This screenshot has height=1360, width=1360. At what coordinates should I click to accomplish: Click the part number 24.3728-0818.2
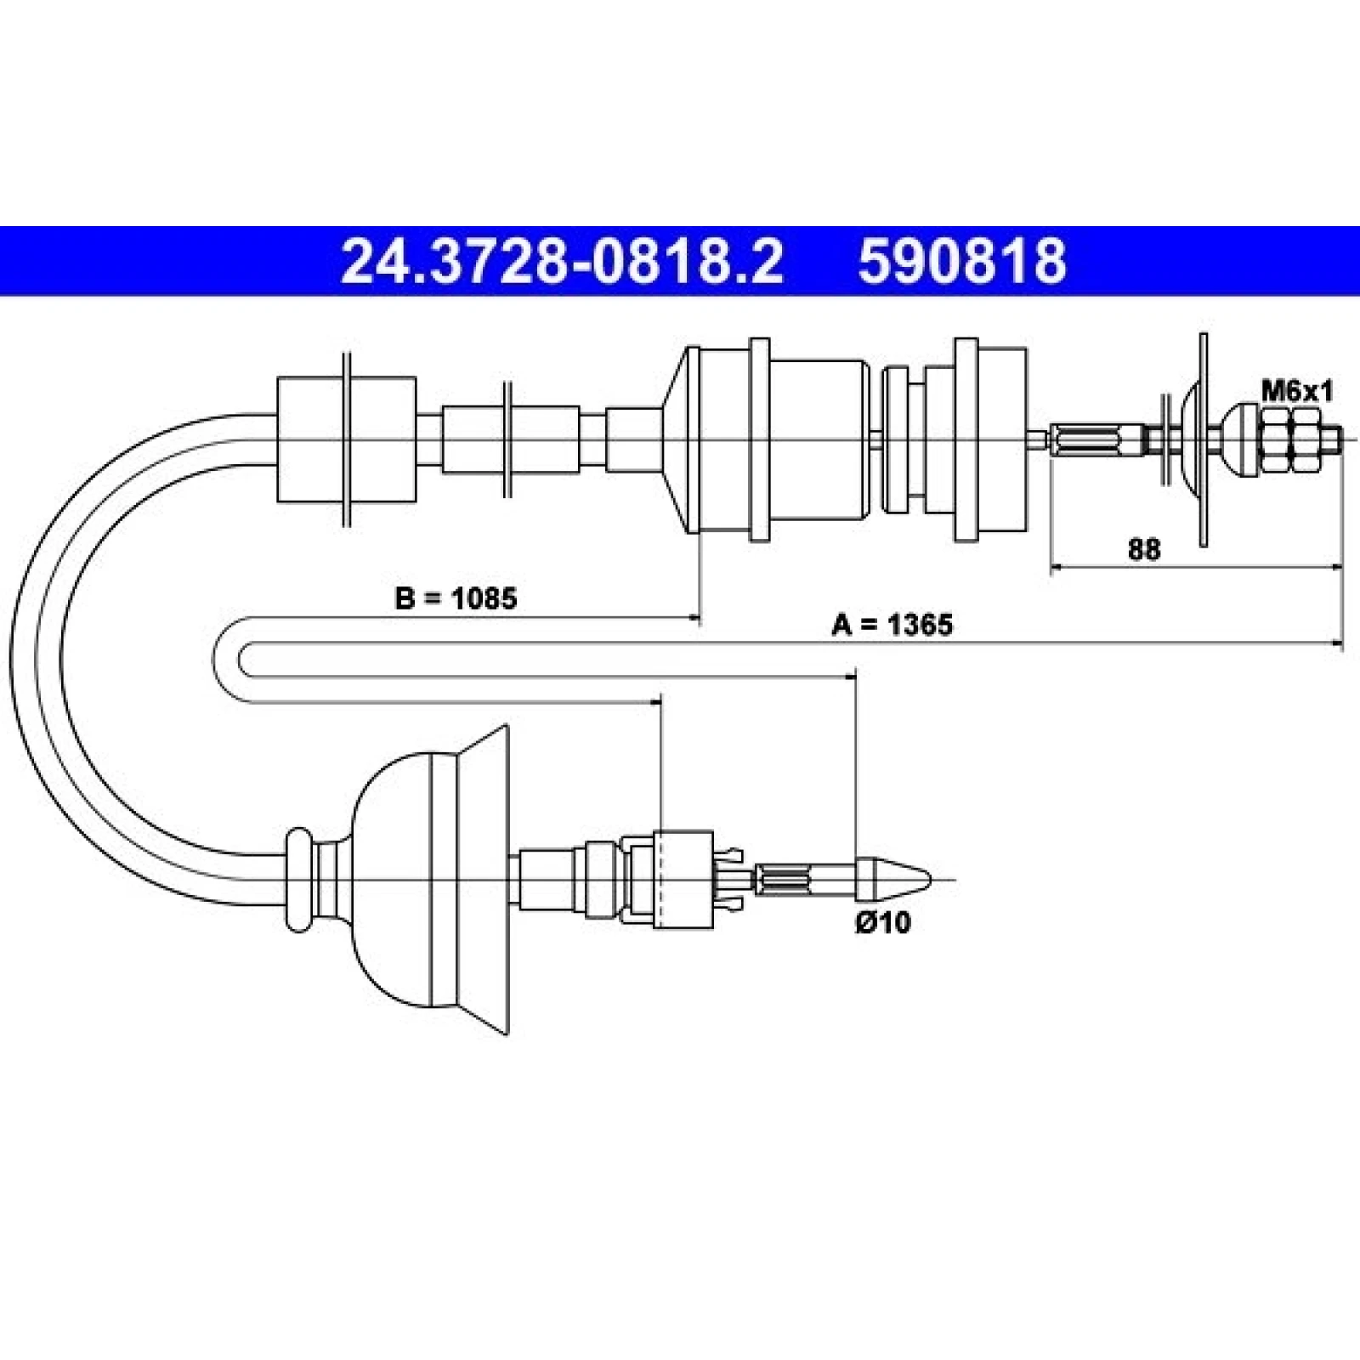[561, 261]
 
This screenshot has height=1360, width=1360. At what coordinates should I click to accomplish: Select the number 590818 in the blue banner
[962, 261]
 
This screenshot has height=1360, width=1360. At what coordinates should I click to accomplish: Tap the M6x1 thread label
[1297, 391]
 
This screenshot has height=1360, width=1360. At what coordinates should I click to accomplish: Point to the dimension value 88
[1144, 549]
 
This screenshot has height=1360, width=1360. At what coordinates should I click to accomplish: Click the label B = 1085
[456, 598]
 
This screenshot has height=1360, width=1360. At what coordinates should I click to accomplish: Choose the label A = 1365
[892, 625]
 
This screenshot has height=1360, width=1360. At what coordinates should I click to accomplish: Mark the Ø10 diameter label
[882, 922]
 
